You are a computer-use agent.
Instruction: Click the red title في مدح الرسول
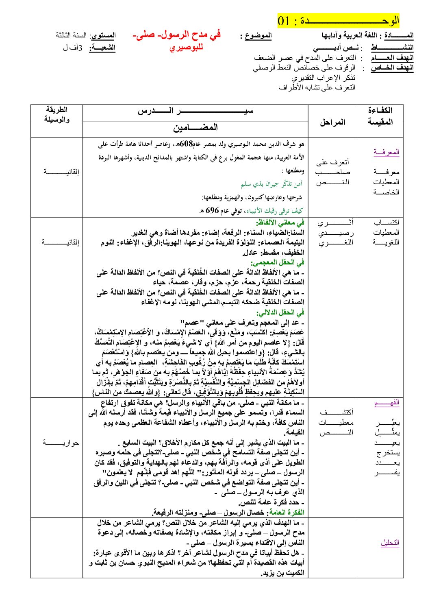(x=177, y=35)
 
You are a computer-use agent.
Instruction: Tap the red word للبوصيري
(x=186, y=48)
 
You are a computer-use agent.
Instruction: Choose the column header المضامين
(x=195, y=128)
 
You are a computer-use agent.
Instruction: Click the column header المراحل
(x=332, y=122)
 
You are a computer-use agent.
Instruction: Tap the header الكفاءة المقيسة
(x=380, y=116)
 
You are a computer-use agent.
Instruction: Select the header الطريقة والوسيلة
(x=57, y=114)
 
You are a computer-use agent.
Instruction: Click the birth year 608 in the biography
(x=186, y=144)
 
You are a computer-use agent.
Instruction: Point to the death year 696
(x=212, y=210)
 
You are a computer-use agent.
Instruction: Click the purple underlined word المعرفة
(x=386, y=152)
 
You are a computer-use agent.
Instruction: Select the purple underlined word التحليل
(x=390, y=542)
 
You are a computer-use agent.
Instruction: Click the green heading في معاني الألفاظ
(x=280, y=223)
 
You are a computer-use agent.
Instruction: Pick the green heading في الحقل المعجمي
(x=278, y=262)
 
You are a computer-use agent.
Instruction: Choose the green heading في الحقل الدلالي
(x=280, y=312)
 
